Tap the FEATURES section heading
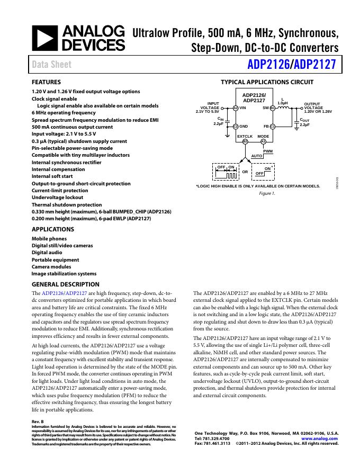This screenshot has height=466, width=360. (x=47, y=83)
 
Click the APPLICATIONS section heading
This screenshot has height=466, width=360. (x=53, y=230)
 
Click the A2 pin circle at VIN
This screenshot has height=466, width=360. (x=236, y=108)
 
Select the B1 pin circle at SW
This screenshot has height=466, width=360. (x=272, y=108)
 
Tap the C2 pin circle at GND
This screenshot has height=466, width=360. (x=236, y=127)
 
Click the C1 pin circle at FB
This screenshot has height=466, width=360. (x=272, y=127)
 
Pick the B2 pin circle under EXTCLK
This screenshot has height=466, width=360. (x=245, y=141)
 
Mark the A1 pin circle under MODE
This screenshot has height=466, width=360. (x=263, y=141)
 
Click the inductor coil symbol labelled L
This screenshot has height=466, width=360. (x=285, y=107)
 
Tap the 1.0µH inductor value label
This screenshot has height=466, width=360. (x=283, y=103)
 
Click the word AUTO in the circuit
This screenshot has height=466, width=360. (x=257, y=156)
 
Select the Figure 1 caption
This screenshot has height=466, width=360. (x=267, y=193)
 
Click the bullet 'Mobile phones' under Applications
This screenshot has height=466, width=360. (x=49, y=239)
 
